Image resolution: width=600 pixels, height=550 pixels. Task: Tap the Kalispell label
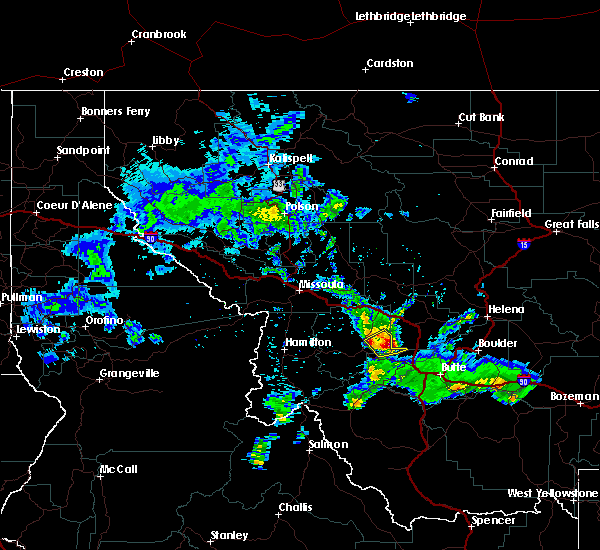(291, 158)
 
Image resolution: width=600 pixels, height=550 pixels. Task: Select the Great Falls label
(572, 225)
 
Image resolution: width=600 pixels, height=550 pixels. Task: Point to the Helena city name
(506, 309)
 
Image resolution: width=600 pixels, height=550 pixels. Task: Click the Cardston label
(389, 63)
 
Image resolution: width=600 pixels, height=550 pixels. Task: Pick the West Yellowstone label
(552, 494)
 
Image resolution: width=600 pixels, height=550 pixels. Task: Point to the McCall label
(117, 469)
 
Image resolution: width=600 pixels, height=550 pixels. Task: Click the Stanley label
(229, 535)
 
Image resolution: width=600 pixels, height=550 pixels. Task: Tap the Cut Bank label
(479, 118)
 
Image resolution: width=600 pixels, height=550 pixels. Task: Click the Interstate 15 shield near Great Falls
(525, 243)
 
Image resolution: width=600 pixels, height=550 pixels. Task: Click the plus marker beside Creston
(62, 79)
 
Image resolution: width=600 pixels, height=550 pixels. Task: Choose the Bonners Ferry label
(116, 112)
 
